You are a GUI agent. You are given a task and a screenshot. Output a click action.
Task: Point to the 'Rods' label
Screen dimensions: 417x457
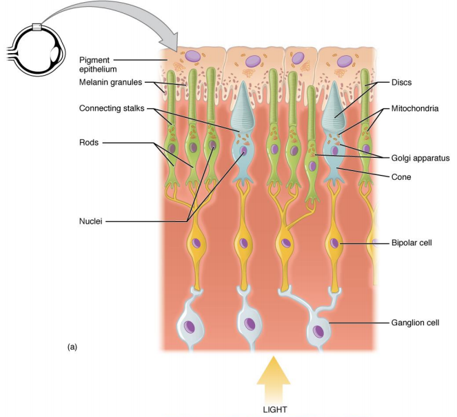[88, 143]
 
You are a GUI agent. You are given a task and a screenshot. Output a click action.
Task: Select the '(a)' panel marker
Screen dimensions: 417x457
[72, 347]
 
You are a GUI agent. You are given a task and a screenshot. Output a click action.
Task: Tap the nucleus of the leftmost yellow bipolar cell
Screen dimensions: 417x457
[197, 243]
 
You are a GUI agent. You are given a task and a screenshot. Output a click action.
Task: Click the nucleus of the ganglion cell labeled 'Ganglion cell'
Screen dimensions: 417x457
[319, 332]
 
